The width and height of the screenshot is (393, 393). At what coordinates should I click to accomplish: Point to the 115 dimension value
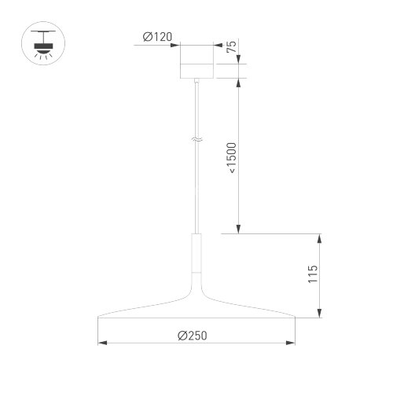click(313, 275)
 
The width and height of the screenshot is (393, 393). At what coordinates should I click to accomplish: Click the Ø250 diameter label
click(193, 335)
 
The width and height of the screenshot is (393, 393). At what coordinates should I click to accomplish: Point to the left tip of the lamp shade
click(97, 318)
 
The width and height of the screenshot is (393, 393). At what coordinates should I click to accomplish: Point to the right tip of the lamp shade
click(296, 318)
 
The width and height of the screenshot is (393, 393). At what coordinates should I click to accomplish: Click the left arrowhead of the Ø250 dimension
click(101, 343)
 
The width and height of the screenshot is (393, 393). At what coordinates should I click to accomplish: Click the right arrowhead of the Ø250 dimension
click(293, 343)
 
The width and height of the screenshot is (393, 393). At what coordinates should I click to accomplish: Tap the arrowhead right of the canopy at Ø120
click(216, 45)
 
